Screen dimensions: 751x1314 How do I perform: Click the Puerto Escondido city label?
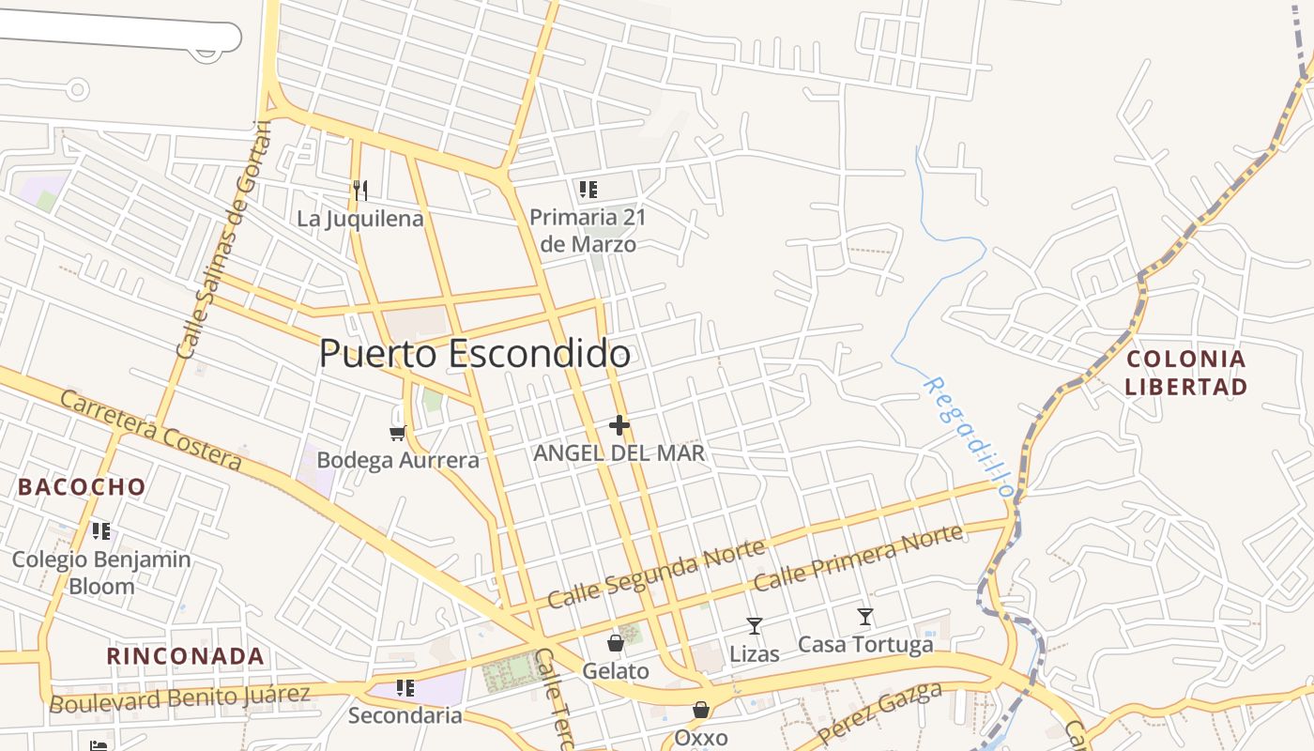pyautogui.click(x=474, y=354)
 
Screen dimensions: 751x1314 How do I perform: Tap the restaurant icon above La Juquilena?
pyautogui.click(x=359, y=191)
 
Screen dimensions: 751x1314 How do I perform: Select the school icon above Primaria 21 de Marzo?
pyautogui.click(x=588, y=190)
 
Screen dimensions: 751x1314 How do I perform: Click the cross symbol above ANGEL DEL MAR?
pyautogui.click(x=619, y=425)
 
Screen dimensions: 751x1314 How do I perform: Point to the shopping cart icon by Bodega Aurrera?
pyautogui.click(x=397, y=433)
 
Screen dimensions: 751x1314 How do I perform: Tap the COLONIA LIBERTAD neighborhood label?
pyautogui.click(x=1186, y=373)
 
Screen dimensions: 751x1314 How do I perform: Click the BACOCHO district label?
pyautogui.click(x=83, y=486)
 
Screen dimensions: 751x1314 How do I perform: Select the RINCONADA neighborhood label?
pyautogui.click(x=185, y=655)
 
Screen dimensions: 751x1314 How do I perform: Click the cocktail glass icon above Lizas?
pyautogui.click(x=754, y=626)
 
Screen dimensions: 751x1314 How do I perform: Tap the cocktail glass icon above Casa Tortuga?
pyautogui.click(x=864, y=617)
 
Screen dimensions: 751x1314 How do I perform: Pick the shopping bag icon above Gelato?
pyautogui.click(x=615, y=643)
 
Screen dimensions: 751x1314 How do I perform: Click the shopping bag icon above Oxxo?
pyautogui.click(x=700, y=710)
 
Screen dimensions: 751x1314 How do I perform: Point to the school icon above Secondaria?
pyautogui.click(x=405, y=688)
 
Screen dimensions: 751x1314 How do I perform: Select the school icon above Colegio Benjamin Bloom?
pyautogui.click(x=101, y=531)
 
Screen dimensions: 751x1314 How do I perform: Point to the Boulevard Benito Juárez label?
pyautogui.click(x=179, y=698)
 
